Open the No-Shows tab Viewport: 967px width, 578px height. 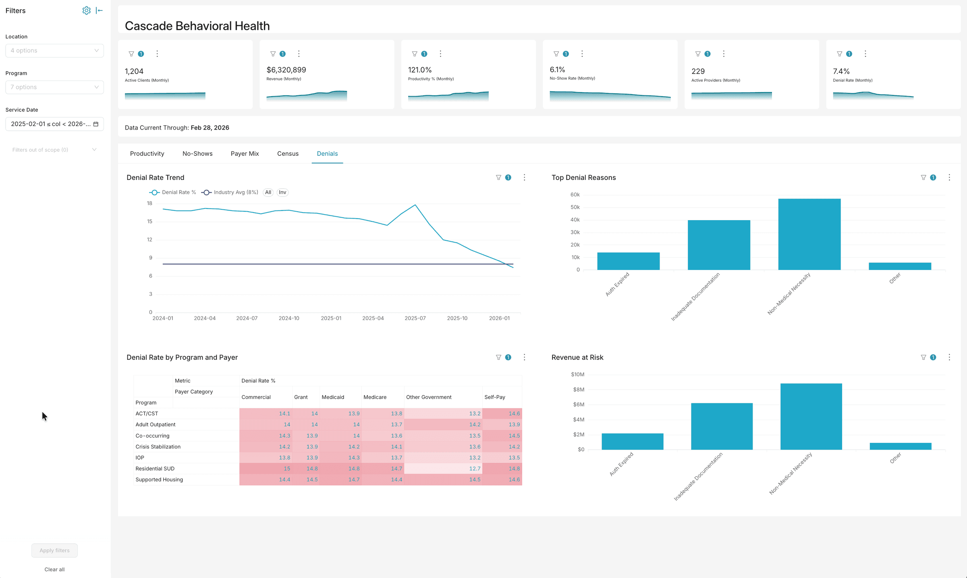point(197,154)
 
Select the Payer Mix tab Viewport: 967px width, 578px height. point(245,154)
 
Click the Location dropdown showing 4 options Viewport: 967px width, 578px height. point(54,51)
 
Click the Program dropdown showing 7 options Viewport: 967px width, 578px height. point(54,87)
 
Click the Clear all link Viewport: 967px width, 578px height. point(54,569)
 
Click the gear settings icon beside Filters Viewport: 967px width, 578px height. point(86,10)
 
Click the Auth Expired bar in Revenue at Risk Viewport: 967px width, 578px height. point(632,442)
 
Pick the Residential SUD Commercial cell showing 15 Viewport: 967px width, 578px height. point(266,469)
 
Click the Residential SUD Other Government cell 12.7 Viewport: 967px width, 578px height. point(443,469)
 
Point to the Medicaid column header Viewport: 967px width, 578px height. point(333,397)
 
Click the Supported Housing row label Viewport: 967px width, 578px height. point(159,479)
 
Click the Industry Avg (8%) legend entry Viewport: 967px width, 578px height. point(230,192)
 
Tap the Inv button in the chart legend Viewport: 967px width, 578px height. point(282,192)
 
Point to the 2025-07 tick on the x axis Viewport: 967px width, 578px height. point(415,318)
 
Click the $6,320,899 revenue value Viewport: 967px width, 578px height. point(286,70)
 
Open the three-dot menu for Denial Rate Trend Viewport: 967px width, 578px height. point(524,178)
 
